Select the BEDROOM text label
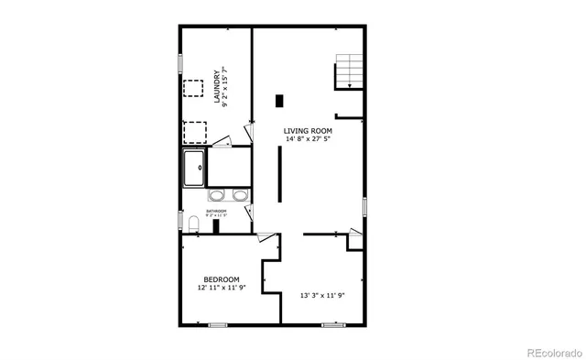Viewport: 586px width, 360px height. [222, 279]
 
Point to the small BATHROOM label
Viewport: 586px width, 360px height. [216, 212]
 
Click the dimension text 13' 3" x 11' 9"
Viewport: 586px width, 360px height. [322, 296]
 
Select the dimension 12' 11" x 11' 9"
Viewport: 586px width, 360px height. [222, 288]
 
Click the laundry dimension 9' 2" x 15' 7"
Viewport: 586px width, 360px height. [226, 88]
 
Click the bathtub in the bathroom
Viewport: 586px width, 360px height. [193, 169]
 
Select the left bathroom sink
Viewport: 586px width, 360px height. [218, 195]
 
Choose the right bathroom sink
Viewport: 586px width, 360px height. [240, 195]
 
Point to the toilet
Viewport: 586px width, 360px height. [190, 224]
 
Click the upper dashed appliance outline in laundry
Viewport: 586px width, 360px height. [193, 88]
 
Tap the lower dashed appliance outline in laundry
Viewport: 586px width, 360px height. [195, 132]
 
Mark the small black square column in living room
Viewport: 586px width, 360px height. [278, 101]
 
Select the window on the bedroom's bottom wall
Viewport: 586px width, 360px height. [218, 325]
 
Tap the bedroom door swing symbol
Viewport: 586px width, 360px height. [266, 238]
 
